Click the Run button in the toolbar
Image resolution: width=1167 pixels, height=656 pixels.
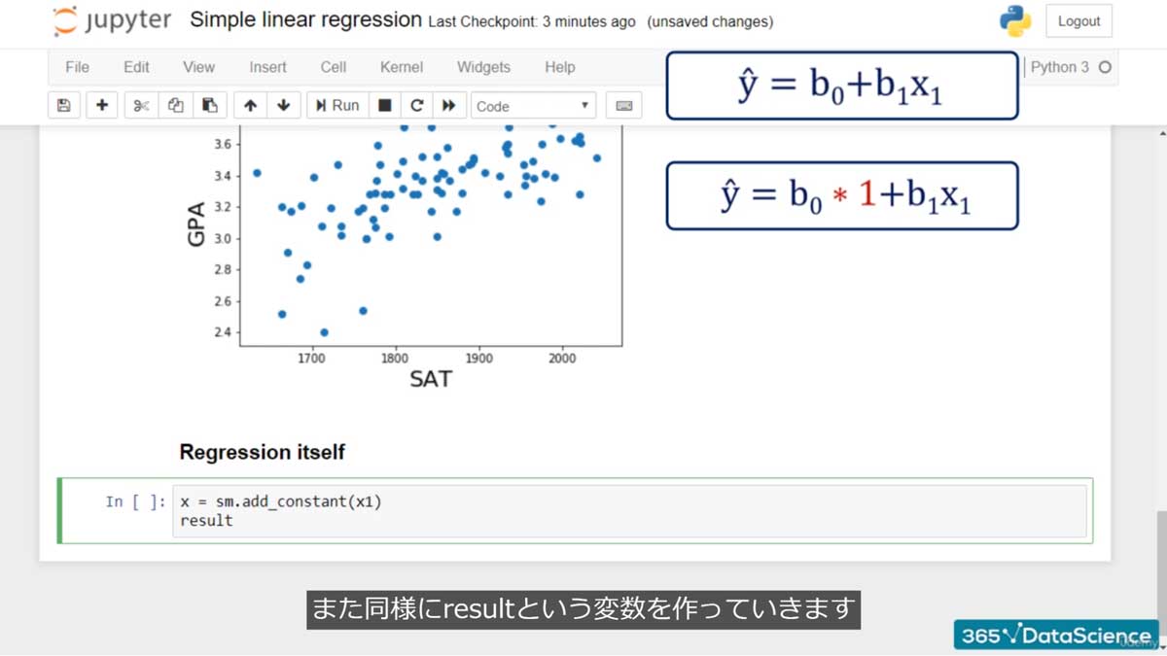point(337,105)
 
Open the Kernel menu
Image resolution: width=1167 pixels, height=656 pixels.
point(401,67)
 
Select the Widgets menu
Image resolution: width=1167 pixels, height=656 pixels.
point(483,67)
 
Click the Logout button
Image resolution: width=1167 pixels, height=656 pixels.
point(1079,21)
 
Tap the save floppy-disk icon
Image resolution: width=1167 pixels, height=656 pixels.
point(64,105)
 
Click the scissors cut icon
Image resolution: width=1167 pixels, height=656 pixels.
point(141,105)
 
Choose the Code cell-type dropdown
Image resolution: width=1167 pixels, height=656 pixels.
point(533,106)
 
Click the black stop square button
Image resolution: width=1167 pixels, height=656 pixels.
point(385,105)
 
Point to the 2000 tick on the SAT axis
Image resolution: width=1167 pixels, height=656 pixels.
point(562,358)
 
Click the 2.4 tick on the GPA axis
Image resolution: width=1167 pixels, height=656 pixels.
point(223,332)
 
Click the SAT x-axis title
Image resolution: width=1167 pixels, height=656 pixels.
point(430,379)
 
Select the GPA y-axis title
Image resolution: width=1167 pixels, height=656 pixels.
point(197,224)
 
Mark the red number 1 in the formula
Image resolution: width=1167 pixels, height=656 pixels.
point(866,195)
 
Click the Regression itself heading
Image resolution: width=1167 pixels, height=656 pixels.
point(262,452)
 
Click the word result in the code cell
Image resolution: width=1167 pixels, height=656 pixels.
point(206,520)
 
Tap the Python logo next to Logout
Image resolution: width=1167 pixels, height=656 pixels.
point(1014,21)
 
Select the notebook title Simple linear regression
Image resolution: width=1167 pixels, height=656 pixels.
point(305,20)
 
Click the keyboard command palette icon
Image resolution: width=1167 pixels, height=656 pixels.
point(624,105)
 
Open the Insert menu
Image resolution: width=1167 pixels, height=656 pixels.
point(267,67)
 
